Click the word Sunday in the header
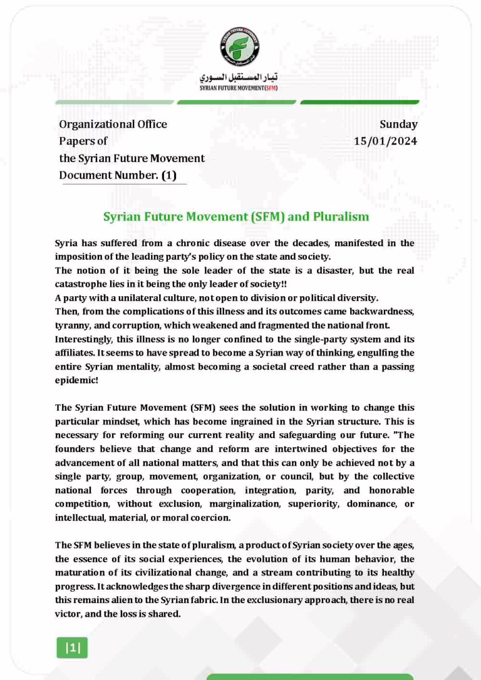point(398,124)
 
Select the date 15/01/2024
point(386,141)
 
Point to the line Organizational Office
point(113,124)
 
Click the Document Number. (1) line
point(118,175)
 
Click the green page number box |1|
point(73,649)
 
